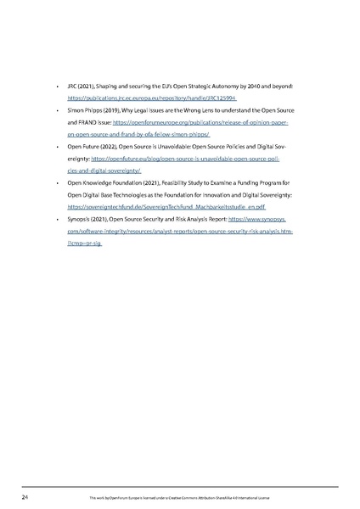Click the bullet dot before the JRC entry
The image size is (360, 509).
pos(56,87)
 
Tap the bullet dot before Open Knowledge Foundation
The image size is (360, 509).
pos(56,182)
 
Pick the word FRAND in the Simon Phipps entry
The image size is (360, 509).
pos(83,122)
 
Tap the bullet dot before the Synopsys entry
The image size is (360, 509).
pos(56,218)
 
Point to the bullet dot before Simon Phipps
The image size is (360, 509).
pos(56,110)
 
